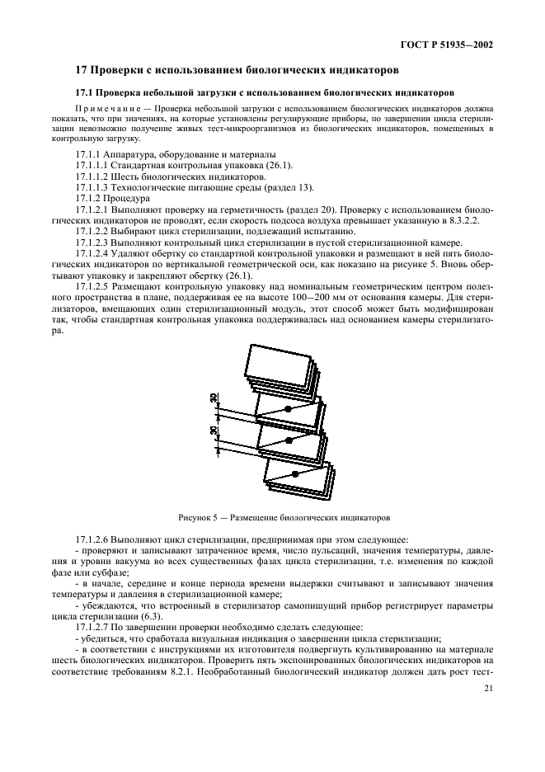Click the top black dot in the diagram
click(287, 409)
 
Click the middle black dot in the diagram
click(289, 441)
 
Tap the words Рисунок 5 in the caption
click(197, 518)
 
